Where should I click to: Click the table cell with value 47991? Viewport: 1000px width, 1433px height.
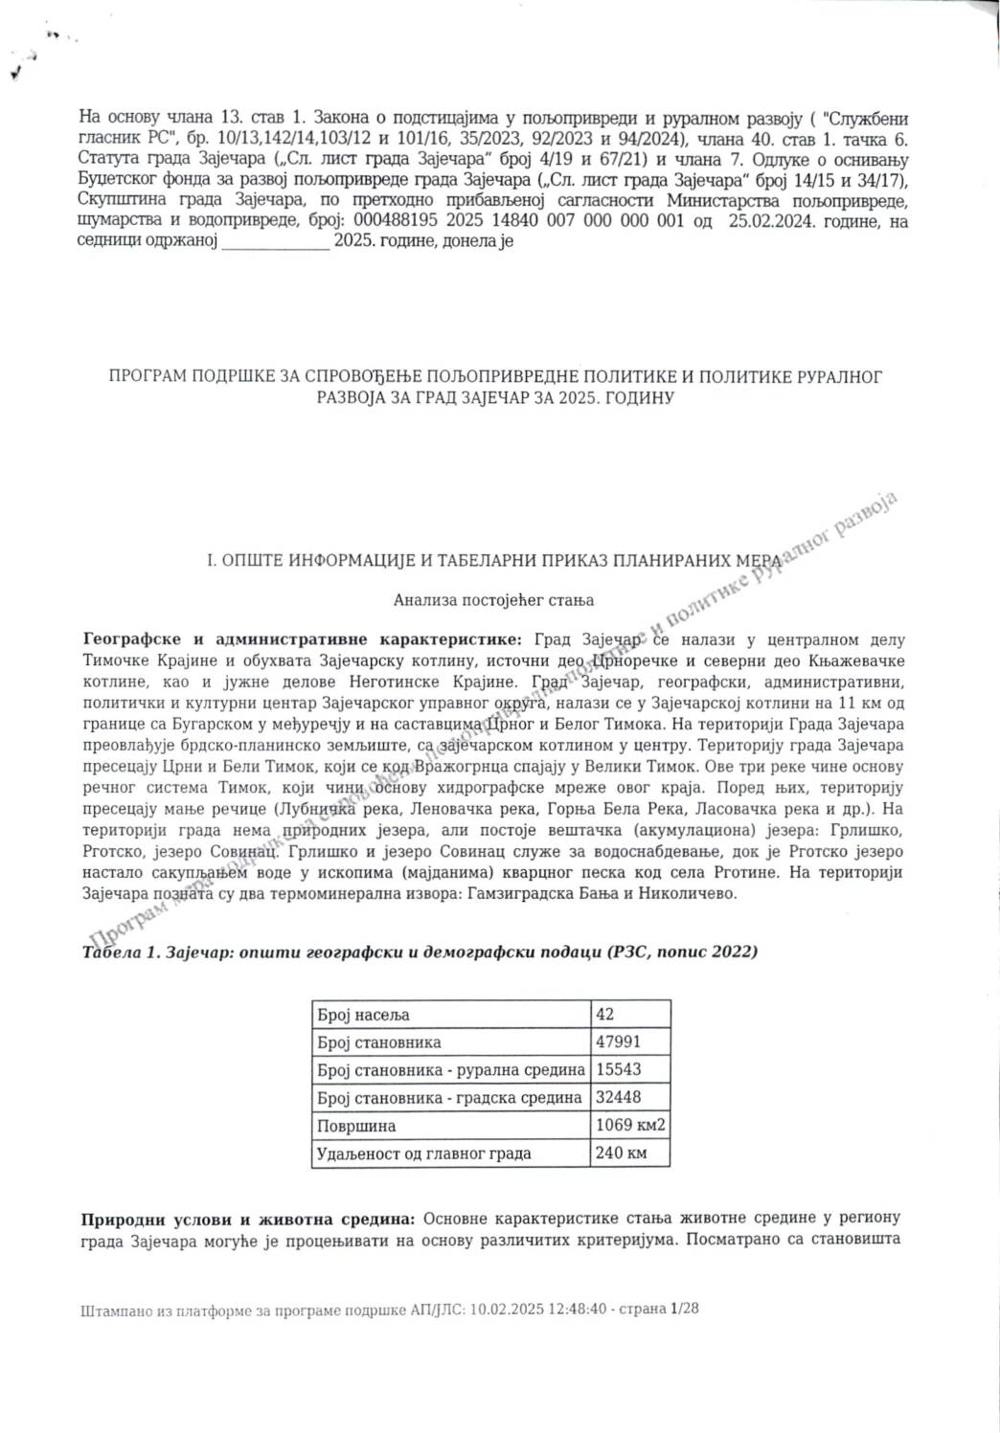(618, 1041)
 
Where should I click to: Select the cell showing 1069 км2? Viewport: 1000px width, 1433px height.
(629, 1125)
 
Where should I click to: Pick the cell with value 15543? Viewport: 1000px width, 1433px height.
(618, 1069)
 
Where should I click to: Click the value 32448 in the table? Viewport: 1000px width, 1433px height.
(618, 1097)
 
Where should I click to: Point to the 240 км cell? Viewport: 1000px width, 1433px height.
(621, 1153)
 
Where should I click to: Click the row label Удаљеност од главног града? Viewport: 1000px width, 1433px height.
(423, 1153)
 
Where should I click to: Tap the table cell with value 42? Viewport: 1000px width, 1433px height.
(604, 1014)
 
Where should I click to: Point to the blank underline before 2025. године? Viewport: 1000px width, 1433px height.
(275, 242)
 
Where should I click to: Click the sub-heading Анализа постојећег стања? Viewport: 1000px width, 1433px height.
(493, 600)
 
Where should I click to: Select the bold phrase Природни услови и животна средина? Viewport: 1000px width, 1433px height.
(249, 1219)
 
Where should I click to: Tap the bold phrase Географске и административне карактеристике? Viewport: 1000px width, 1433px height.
(304, 639)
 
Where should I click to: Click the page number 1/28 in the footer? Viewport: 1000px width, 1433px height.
(685, 1309)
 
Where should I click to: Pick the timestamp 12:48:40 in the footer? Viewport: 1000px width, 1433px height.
(577, 1309)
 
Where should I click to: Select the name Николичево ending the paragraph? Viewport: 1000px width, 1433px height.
(693, 893)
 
